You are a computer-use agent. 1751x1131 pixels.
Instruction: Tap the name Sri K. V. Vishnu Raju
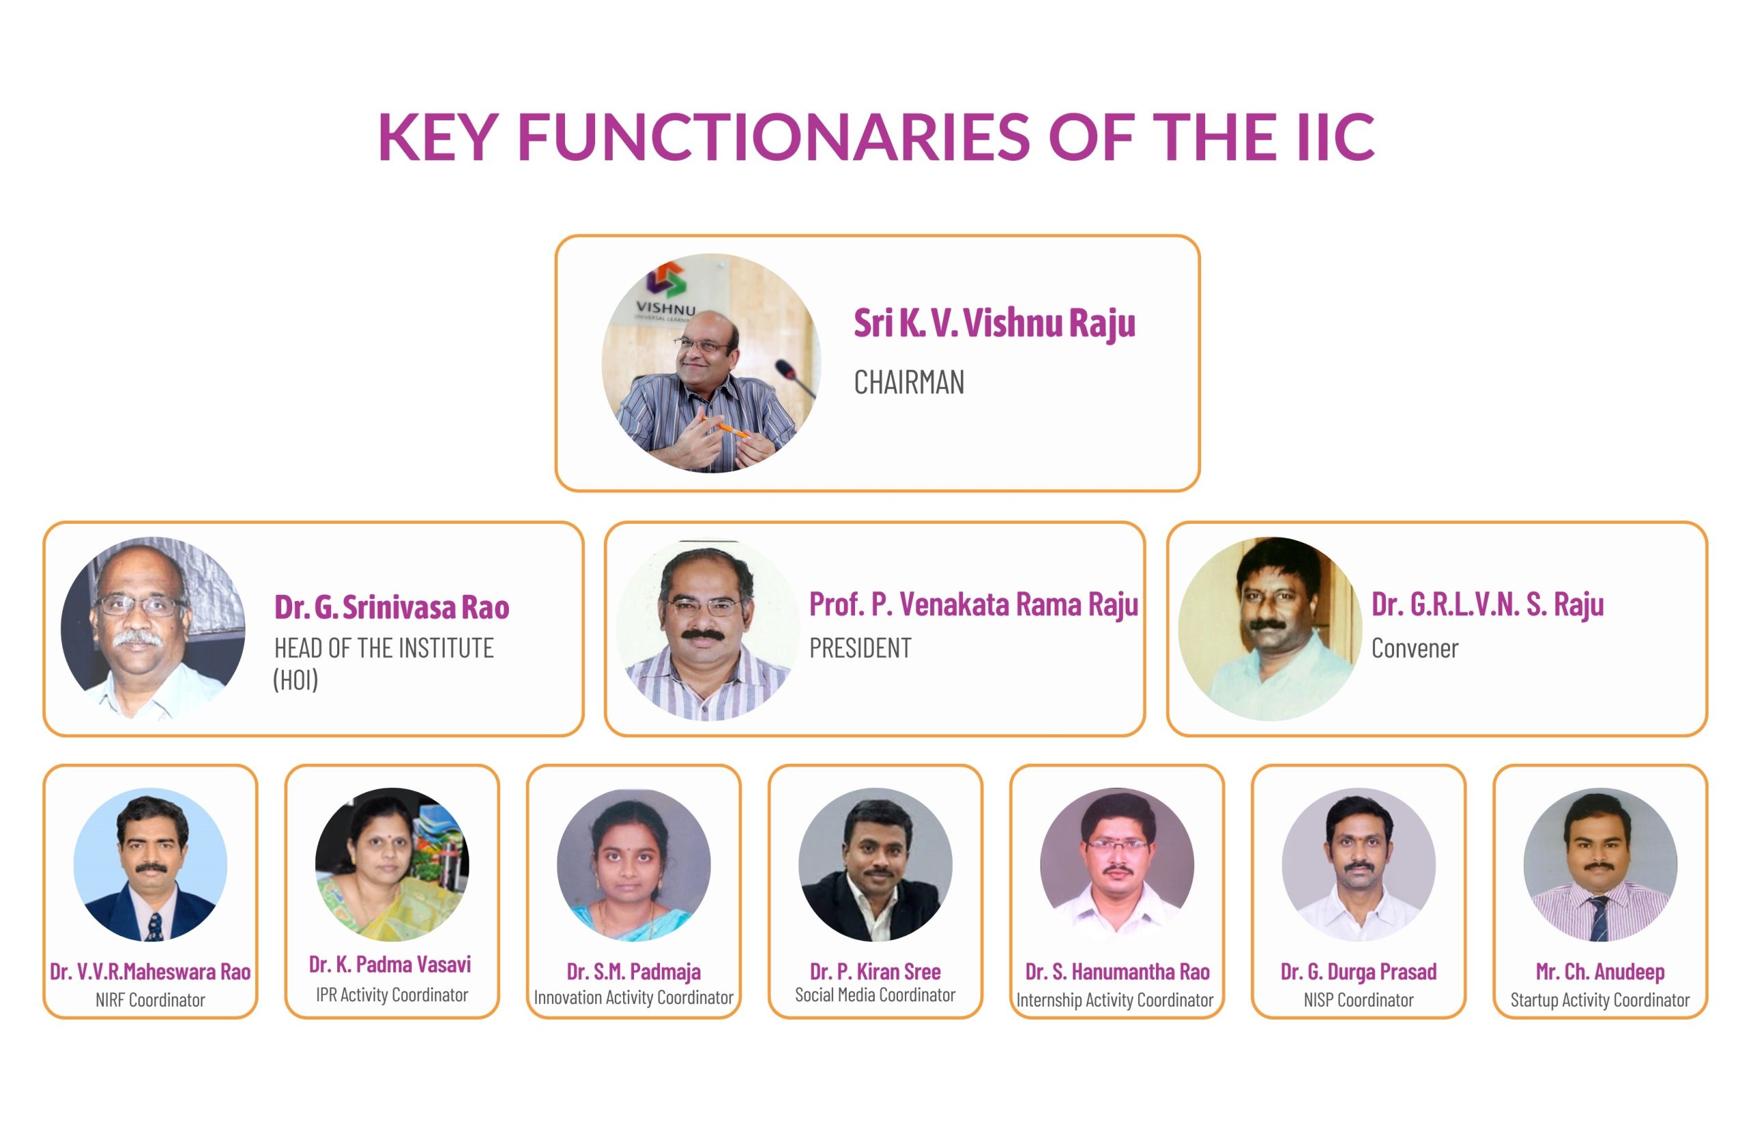[995, 324]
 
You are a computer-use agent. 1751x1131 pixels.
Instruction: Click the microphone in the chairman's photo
[795, 377]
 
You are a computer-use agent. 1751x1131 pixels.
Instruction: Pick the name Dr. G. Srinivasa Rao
[391, 607]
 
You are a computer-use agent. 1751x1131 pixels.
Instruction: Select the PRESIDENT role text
[860, 648]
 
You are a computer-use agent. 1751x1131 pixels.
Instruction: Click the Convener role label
[1414, 648]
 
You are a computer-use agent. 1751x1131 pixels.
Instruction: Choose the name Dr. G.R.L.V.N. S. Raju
[1487, 605]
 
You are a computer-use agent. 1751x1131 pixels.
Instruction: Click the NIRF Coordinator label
[150, 1000]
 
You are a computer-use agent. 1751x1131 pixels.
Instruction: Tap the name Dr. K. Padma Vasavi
[390, 964]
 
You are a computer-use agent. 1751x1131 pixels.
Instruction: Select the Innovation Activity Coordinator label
[633, 998]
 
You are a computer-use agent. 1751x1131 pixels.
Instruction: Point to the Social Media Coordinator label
[875, 995]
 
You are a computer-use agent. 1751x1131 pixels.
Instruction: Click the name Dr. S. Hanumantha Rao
[1117, 972]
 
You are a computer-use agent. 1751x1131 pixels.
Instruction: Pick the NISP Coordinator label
[1358, 1000]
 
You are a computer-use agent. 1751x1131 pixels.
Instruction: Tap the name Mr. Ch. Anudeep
[1600, 972]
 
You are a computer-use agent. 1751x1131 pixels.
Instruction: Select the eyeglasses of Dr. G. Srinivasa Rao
[140, 606]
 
